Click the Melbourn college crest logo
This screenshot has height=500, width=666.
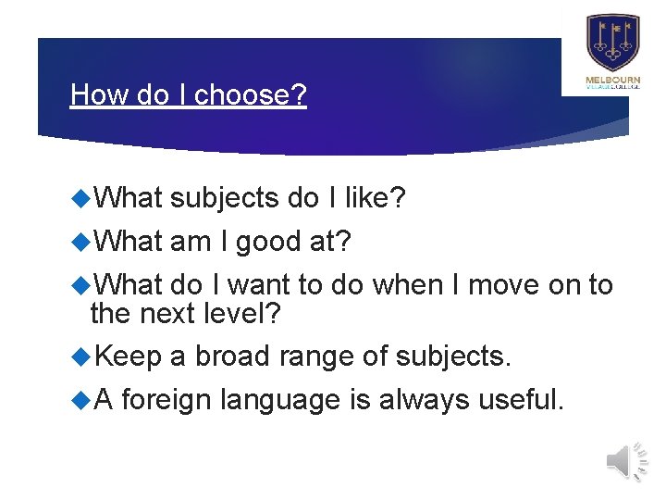click(x=612, y=43)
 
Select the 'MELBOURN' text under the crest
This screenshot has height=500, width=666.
click(x=612, y=81)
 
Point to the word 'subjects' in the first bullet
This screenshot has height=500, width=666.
click(x=225, y=196)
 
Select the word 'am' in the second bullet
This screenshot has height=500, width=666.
click(x=190, y=241)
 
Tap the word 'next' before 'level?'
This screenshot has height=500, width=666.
click(x=166, y=314)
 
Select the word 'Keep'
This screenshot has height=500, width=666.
click(x=127, y=356)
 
